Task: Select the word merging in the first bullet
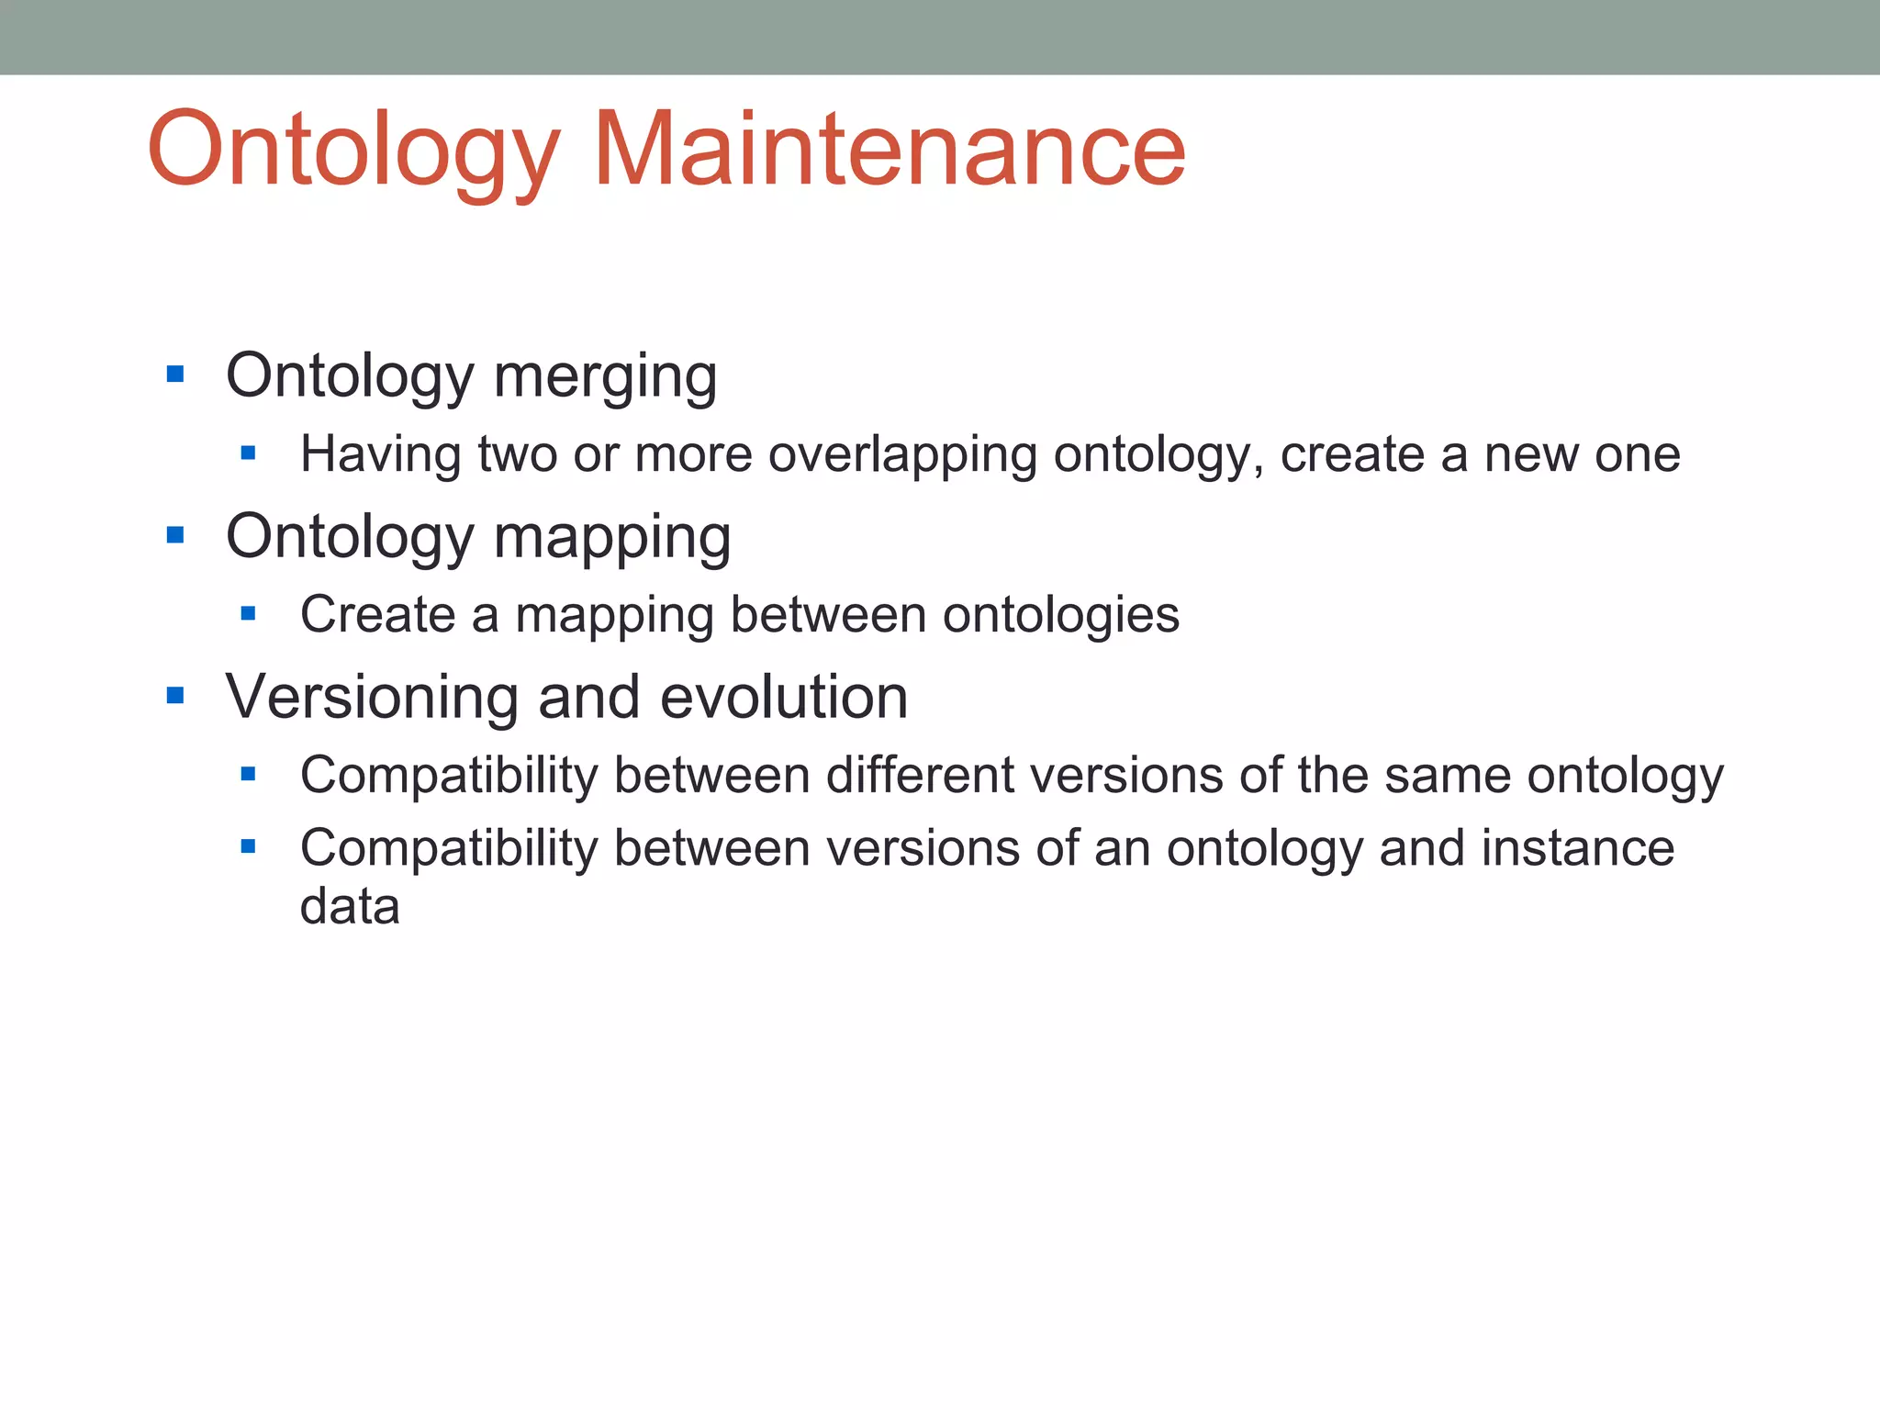coord(605,376)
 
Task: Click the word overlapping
coord(902,455)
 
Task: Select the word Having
coord(380,454)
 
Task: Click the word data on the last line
coord(350,907)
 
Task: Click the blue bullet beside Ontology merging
coord(175,375)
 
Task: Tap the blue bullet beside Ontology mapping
coord(175,535)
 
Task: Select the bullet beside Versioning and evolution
coord(175,696)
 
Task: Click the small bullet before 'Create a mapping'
coord(248,613)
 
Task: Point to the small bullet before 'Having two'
coord(248,453)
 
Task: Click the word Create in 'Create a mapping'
coord(377,615)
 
